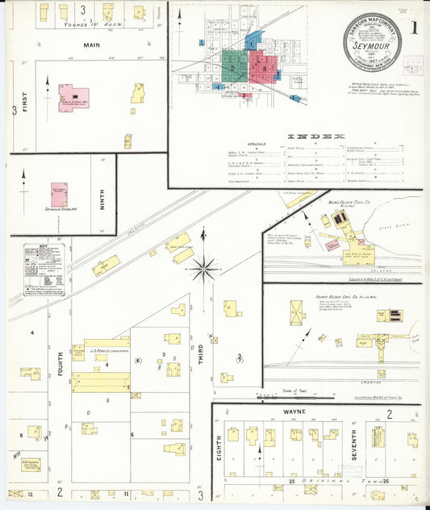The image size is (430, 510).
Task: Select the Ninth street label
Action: click(102, 199)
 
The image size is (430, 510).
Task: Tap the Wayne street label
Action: click(315, 412)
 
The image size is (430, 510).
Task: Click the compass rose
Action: click(203, 267)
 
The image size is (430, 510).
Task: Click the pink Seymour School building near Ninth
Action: click(59, 194)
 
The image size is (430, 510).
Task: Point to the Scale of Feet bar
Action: click(294, 395)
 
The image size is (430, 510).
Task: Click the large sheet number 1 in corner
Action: click(414, 27)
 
